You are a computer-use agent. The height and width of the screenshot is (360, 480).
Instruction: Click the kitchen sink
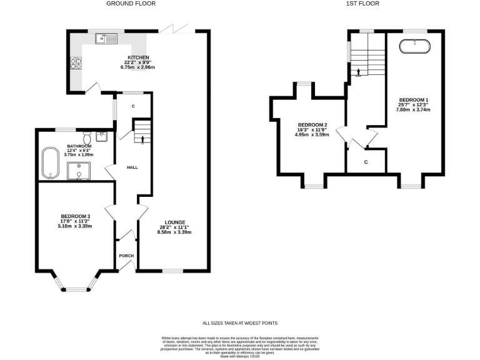click(x=106, y=39)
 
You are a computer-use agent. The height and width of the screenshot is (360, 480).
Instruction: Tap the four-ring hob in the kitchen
click(x=76, y=62)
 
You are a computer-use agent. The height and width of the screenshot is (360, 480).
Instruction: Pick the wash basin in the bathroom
click(x=103, y=136)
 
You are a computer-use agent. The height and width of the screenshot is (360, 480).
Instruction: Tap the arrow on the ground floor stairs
click(x=143, y=139)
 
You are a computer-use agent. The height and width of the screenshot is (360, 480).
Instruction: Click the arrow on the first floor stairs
click(x=358, y=72)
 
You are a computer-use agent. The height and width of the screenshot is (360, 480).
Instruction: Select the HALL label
click(x=132, y=167)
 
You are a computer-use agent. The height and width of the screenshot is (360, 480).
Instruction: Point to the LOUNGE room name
click(x=174, y=222)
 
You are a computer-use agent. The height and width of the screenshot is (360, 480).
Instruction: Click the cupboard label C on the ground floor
click(x=133, y=106)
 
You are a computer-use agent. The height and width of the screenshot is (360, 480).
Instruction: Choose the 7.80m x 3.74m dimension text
click(x=413, y=109)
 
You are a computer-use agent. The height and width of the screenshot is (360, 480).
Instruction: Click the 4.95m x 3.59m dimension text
click(x=312, y=134)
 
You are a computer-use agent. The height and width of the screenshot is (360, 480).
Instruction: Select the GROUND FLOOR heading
click(x=131, y=4)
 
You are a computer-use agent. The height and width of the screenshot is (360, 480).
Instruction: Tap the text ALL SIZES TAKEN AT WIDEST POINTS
click(x=240, y=323)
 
